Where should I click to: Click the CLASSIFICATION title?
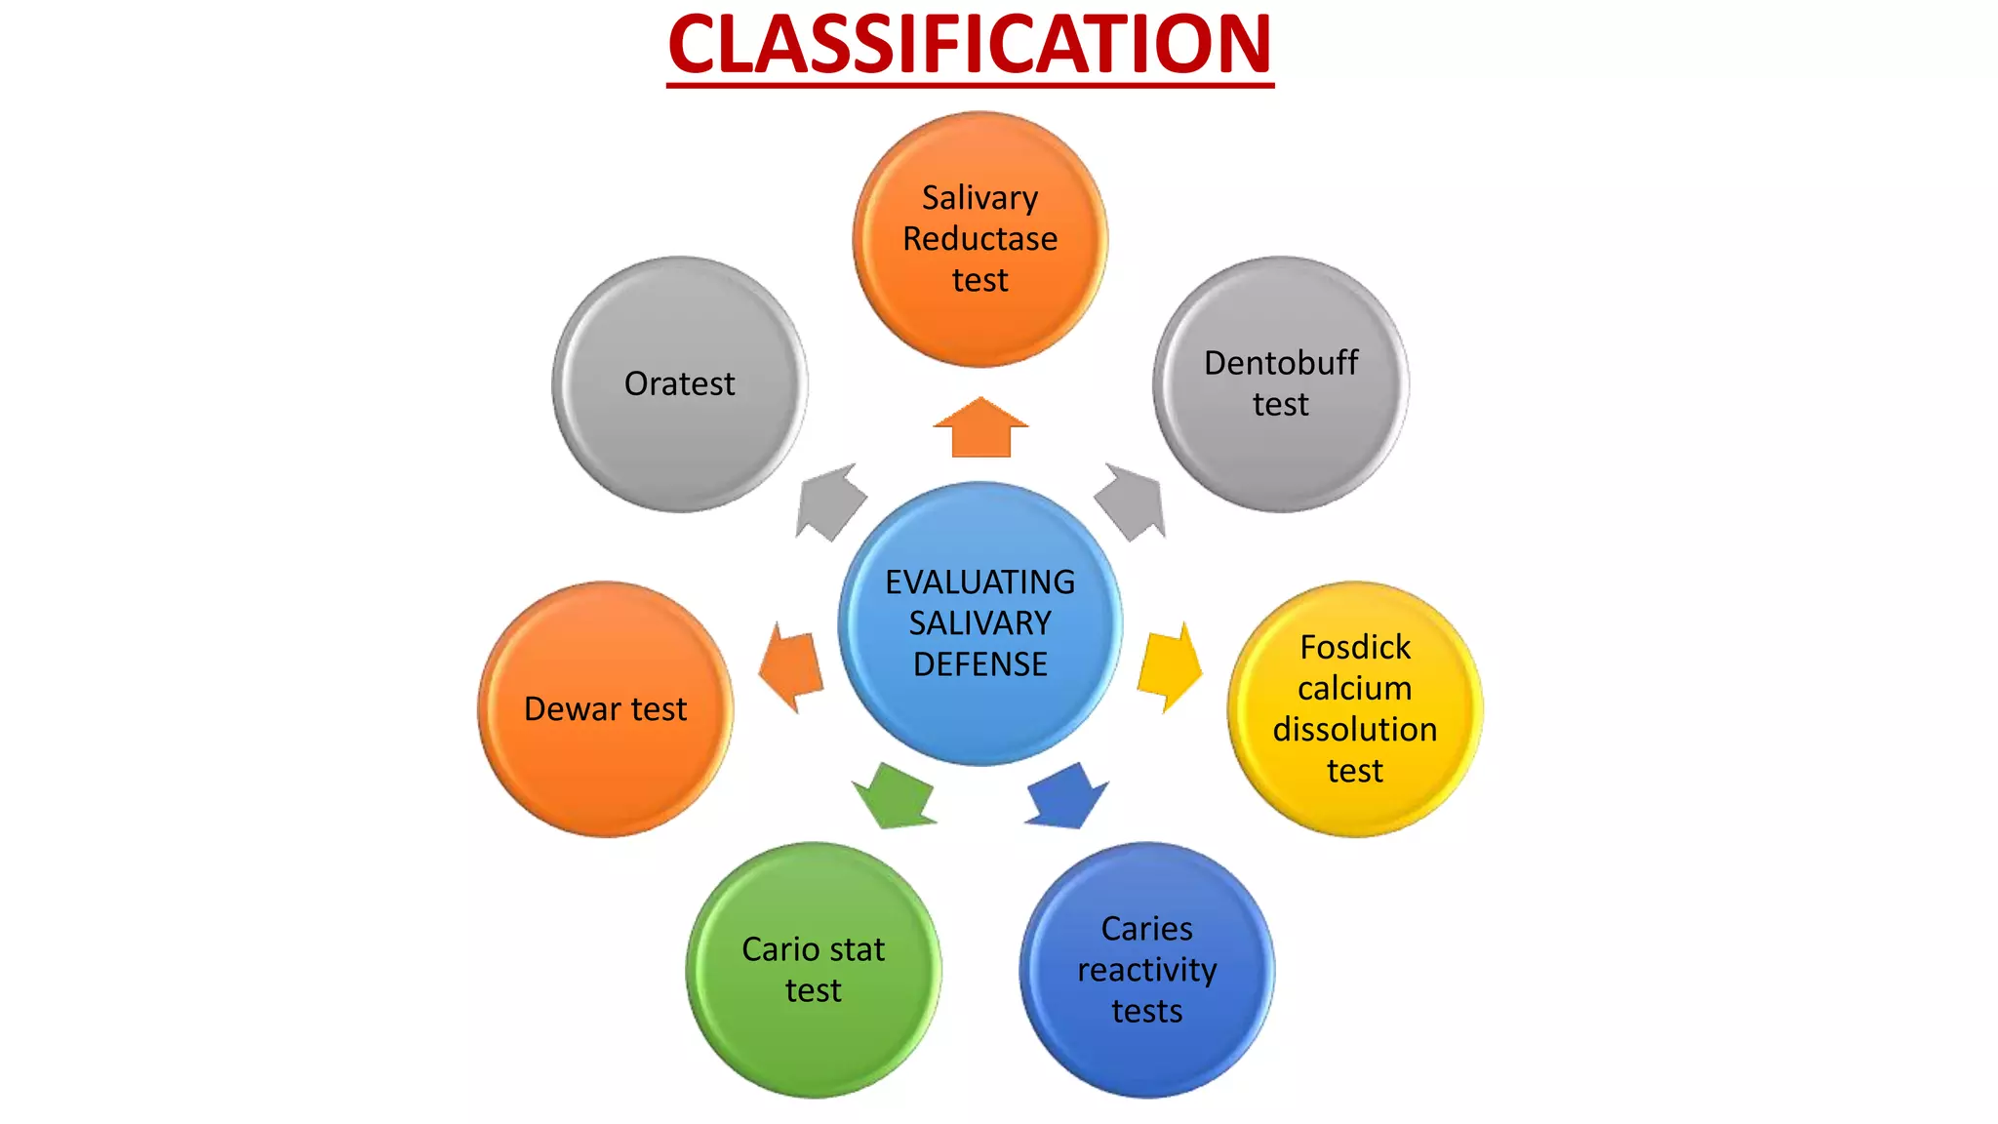[971, 46]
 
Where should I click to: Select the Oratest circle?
[680, 384]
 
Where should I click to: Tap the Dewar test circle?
[606, 709]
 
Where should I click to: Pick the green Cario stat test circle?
[814, 970]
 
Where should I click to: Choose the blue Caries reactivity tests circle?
[1147, 970]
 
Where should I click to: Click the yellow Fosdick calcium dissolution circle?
[1355, 709]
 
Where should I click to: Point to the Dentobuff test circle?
[1281, 384]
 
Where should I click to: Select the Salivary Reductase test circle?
[980, 239]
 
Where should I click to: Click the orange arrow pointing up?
[980, 429]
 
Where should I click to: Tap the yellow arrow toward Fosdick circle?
[1170, 666]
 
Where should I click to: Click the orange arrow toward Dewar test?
[791, 667]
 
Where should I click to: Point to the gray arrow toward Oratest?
[830, 502]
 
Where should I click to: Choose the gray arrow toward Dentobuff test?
[1132, 502]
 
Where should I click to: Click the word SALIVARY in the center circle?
[980, 623]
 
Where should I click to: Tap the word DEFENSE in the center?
[980, 664]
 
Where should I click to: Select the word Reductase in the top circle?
[980, 239]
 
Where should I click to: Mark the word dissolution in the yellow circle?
[1355, 730]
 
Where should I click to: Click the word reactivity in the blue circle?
[1147, 971]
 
